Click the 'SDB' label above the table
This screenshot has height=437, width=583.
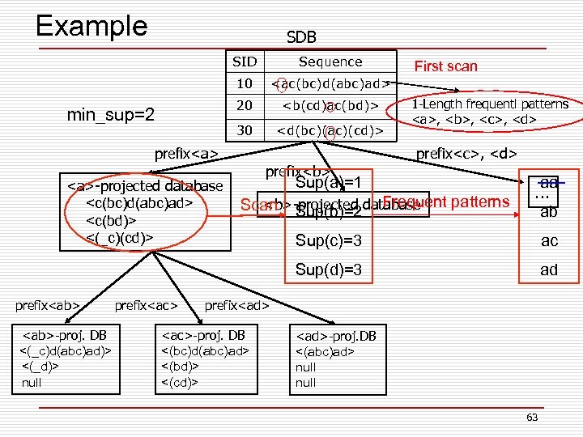[301, 37]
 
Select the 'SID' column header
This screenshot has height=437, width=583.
[245, 62]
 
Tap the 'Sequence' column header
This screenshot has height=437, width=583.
[330, 62]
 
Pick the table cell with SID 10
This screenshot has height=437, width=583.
[245, 83]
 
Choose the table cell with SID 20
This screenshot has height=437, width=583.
[245, 106]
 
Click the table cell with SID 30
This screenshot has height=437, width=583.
[245, 129]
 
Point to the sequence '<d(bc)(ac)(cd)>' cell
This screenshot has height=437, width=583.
[330, 129]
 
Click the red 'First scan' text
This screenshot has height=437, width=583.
[445, 66]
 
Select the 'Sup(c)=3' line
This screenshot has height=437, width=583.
[329, 241]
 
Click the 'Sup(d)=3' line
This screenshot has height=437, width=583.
[329, 269]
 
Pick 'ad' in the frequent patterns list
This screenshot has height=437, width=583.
[549, 269]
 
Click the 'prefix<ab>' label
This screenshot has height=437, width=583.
[48, 305]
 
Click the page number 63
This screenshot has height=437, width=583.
[531, 417]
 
